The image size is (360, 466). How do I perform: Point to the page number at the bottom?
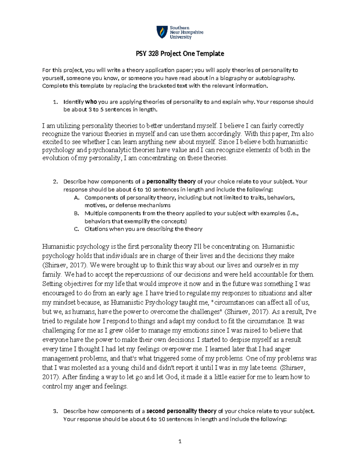click(180, 441)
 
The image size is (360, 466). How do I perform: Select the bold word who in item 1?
click(91, 102)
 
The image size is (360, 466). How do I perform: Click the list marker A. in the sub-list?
click(76, 197)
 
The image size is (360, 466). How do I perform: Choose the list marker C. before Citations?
click(76, 229)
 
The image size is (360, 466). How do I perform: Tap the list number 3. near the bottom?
click(55, 411)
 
